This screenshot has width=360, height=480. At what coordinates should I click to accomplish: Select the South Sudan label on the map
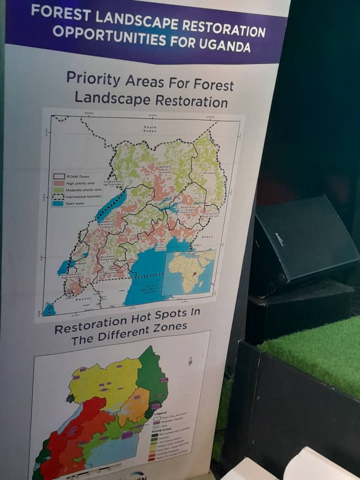(150, 129)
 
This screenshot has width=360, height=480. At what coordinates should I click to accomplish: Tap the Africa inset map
(188, 272)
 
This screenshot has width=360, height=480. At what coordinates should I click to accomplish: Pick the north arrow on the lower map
(190, 361)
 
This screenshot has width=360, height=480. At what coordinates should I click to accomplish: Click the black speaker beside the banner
(304, 245)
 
